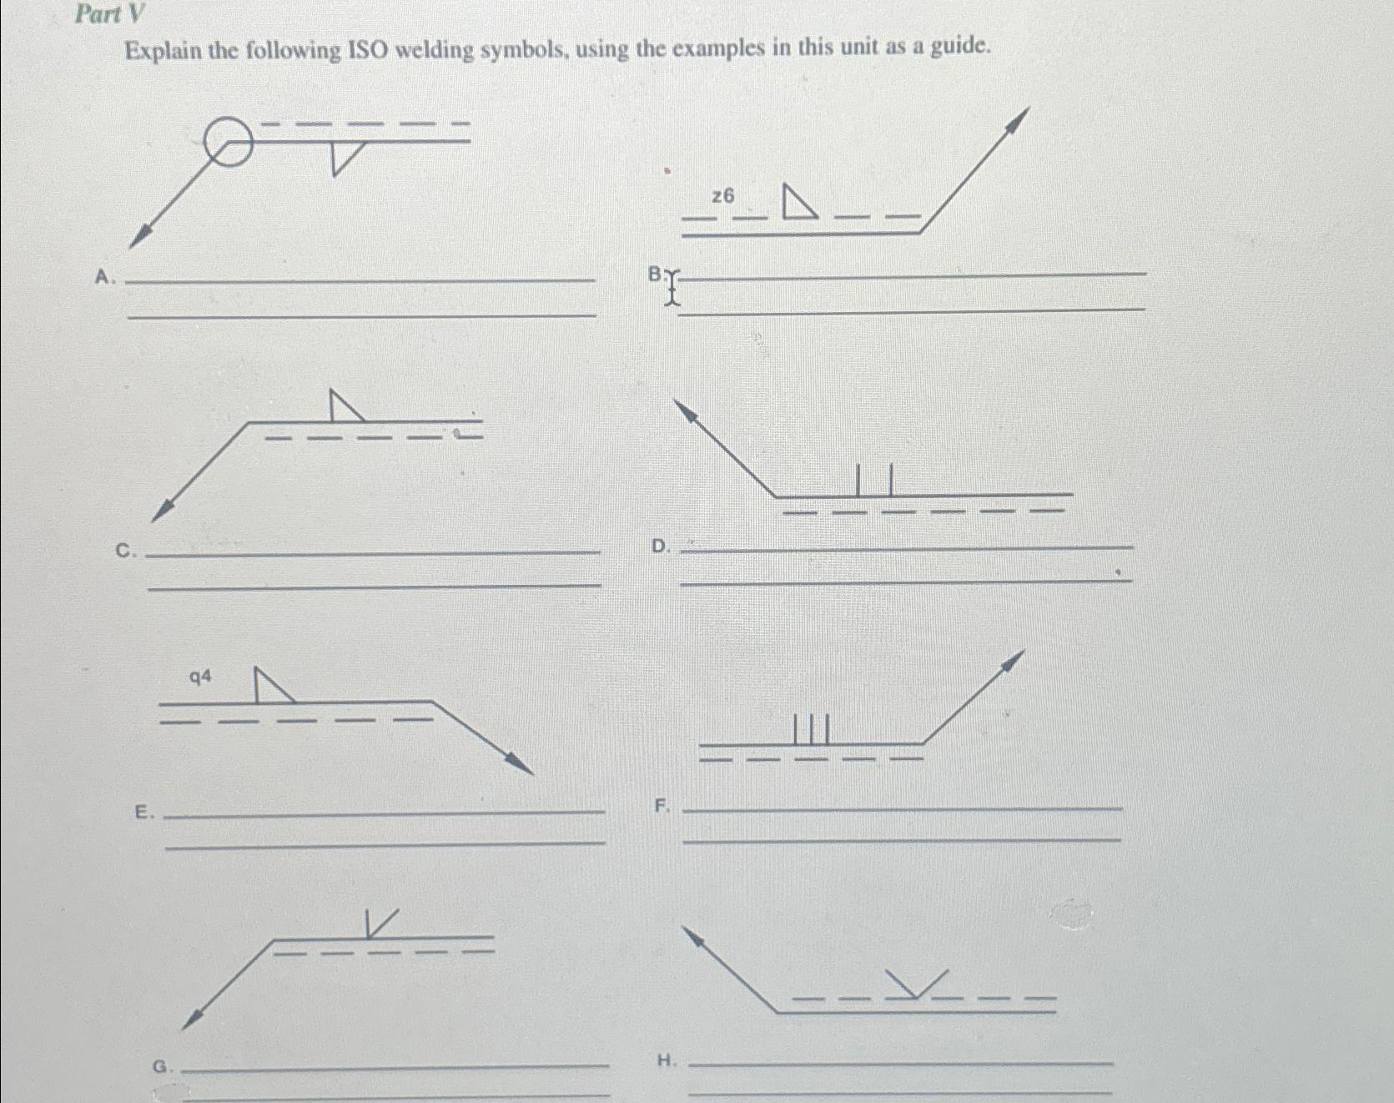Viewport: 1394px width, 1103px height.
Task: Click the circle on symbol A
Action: click(x=226, y=142)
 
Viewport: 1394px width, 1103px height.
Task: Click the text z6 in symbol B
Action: click(x=723, y=196)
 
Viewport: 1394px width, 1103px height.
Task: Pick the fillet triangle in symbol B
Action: click(x=798, y=203)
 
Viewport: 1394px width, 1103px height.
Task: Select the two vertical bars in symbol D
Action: click(x=874, y=480)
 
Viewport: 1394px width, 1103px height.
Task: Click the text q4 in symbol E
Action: click(x=200, y=677)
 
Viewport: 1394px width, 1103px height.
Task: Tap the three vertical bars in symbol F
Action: click(x=811, y=728)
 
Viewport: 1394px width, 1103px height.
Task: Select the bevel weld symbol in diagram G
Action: click(x=380, y=923)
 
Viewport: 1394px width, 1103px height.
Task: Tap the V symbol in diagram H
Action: click(x=916, y=985)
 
